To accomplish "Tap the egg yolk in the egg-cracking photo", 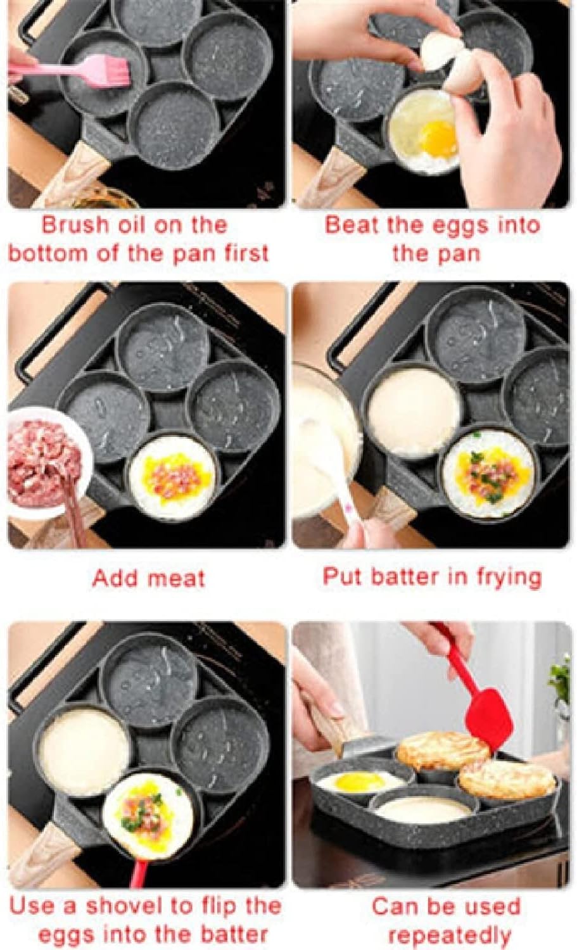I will coord(438,138).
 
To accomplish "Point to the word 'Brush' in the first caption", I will coord(77,225).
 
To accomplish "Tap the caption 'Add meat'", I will coord(149,578).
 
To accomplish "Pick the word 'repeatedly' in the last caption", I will coord(449,935).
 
